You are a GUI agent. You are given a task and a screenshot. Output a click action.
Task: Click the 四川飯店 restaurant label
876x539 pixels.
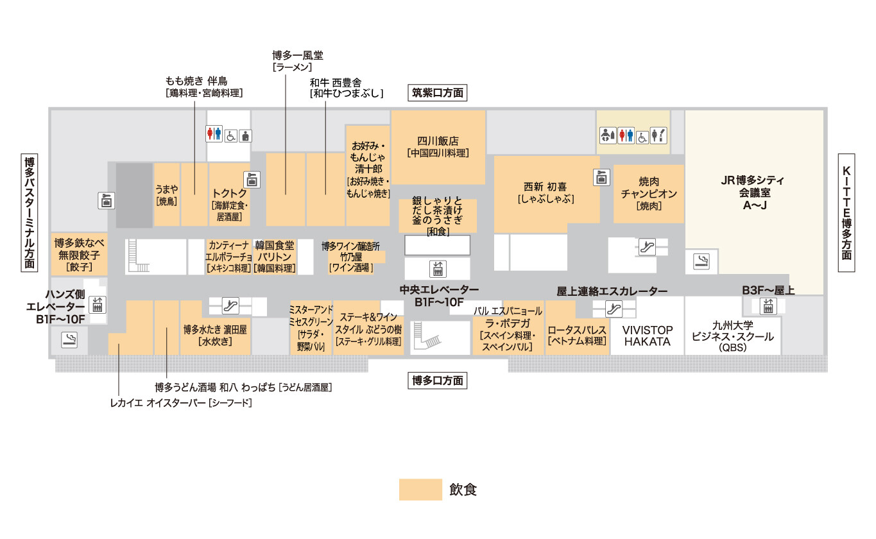tap(438, 147)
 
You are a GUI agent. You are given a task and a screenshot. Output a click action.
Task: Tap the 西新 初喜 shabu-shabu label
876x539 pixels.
tap(546, 193)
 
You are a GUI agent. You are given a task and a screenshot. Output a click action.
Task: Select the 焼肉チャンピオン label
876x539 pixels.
tap(649, 193)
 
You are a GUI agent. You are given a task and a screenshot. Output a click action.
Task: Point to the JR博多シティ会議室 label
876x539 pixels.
tap(753, 193)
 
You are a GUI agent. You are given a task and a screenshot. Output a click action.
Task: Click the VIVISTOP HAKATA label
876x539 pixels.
tap(648, 336)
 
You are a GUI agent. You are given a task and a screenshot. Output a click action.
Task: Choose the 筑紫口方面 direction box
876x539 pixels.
tap(437, 92)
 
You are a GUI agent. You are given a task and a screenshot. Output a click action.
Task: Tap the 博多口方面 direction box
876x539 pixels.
tap(437, 381)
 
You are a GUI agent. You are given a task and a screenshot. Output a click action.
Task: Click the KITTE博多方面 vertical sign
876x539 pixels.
tap(846, 212)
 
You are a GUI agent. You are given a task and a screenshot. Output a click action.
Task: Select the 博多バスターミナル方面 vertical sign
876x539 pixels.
tap(30, 212)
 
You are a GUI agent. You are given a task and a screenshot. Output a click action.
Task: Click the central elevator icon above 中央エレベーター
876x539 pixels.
tap(438, 269)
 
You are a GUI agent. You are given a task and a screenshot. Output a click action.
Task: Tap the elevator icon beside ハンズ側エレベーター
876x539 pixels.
tap(97, 305)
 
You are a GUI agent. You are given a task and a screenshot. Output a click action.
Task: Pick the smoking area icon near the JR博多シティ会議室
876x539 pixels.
tap(701, 261)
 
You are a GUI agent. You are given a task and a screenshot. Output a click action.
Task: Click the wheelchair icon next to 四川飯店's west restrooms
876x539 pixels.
tap(231, 136)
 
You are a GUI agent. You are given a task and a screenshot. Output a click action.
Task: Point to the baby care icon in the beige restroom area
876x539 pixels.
tap(608, 136)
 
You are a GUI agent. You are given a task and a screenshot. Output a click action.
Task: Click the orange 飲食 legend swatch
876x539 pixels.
tap(420, 490)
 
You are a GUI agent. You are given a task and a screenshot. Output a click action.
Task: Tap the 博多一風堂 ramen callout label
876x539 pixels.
tap(298, 61)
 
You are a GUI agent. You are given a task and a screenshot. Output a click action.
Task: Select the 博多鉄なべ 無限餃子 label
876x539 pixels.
tap(79, 255)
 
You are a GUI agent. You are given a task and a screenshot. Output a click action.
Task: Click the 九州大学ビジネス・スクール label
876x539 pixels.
tap(732, 336)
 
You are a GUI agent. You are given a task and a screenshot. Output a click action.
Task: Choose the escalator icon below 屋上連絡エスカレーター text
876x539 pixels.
tap(614, 309)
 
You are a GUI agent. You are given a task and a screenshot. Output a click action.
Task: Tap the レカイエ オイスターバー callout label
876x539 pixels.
tap(181, 403)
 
